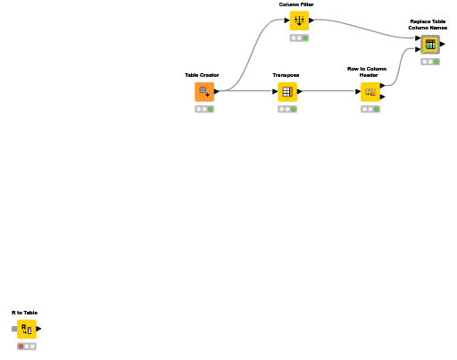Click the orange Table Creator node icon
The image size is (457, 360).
[x=204, y=92]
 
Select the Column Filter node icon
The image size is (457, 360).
[x=299, y=21]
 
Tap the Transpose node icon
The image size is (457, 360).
[x=287, y=92]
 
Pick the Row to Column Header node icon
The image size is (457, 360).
[x=370, y=92]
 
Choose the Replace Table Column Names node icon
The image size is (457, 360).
[x=430, y=45]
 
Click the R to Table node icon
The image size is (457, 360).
[x=27, y=329]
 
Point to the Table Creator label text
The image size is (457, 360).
[x=202, y=75]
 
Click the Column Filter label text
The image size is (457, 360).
[x=296, y=4]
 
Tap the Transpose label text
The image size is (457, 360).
[x=286, y=75]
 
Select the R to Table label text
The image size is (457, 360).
[x=25, y=313]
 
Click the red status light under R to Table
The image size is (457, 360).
[x=21, y=347]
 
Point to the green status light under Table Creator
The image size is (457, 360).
[x=211, y=109]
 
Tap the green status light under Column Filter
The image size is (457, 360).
[x=305, y=38]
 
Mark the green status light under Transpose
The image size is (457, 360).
[x=294, y=109]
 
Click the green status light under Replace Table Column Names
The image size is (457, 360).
[x=436, y=62]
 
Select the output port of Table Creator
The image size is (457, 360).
[x=217, y=91]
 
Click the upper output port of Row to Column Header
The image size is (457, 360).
[x=383, y=86]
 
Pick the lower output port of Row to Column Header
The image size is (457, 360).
[x=383, y=96]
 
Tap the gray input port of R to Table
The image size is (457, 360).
[x=14, y=329]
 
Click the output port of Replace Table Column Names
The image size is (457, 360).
[x=443, y=44]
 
